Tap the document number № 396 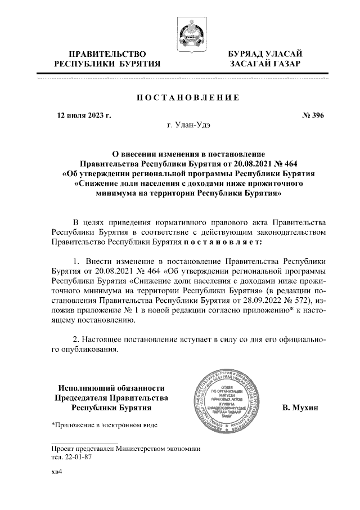[313, 116]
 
